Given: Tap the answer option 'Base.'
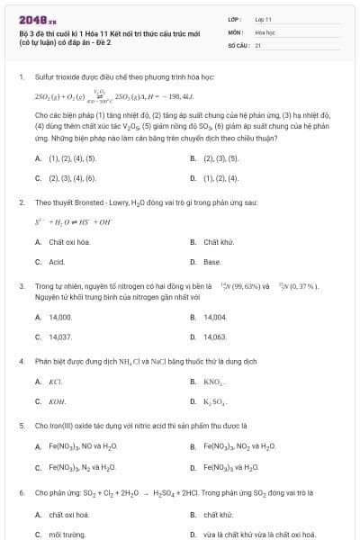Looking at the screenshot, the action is [x=212, y=262].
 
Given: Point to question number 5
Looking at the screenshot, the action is [x=21, y=425].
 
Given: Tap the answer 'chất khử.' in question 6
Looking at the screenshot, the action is [x=218, y=514].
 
